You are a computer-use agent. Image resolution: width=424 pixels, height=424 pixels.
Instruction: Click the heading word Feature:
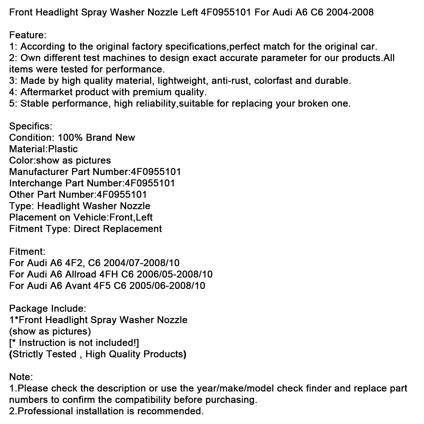pos(28,35)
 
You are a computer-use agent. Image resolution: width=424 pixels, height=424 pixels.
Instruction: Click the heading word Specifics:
pos(31,126)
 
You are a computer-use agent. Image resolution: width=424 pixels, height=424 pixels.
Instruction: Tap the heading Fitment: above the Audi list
pos(27,251)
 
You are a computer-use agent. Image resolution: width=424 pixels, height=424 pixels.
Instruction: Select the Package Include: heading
pos(47,308)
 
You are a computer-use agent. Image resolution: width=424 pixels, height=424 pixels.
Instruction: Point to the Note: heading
pos(21,377)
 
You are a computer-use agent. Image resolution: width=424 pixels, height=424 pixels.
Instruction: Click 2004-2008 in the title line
pos(350,12)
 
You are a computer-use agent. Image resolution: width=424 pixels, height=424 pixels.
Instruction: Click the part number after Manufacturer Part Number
pos(156,172)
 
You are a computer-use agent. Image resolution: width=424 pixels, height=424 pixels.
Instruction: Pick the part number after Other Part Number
pos(121,195)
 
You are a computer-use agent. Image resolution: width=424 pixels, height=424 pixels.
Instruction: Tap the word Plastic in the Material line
pos(63,149)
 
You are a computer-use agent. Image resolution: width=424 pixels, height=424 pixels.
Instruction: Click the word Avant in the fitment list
pos(78,285)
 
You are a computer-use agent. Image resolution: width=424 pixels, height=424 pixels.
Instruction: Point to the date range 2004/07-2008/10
pos(142,263)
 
